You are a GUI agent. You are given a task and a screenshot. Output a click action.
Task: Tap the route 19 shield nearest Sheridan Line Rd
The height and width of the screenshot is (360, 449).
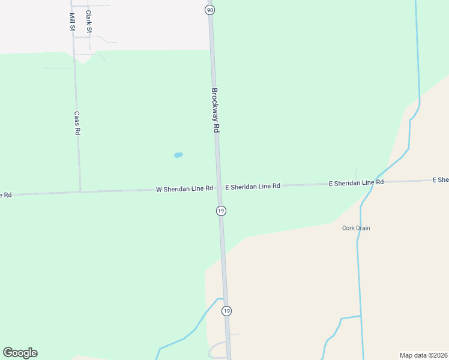[x=221, y=211]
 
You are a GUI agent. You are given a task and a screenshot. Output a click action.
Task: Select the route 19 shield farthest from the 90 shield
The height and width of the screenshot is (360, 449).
[x=226, y=311]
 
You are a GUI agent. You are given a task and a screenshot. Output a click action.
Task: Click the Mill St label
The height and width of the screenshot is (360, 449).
[x=72, y=22]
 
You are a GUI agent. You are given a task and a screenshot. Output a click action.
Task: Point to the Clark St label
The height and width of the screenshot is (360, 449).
[x=89, y=22]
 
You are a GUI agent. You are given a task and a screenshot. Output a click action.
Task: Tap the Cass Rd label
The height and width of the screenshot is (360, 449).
[x=77, y=122]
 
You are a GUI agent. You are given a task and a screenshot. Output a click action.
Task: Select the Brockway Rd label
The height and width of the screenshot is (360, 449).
[x=215, y=111]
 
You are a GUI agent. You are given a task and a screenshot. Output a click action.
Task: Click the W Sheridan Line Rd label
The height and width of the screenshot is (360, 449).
[x=184, y=188]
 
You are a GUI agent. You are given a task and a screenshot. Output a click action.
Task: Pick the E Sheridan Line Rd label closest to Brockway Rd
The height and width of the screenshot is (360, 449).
[x=253, y=187]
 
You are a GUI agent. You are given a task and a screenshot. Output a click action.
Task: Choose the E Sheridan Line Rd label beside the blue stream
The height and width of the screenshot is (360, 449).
[x=356, y=182]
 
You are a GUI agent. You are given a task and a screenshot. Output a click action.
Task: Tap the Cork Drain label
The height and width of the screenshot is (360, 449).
[x=356, y=228]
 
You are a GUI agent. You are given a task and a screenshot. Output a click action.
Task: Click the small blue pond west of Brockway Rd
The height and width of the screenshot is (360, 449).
[x=178, y=155]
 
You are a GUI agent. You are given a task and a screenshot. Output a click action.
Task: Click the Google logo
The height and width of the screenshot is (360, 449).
[x=20, y=353]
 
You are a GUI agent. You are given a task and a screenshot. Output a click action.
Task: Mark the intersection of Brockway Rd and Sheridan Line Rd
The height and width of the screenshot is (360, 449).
[x=219, y=188]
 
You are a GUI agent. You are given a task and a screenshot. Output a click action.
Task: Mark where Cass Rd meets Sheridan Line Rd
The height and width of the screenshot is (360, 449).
[x=80, y=192]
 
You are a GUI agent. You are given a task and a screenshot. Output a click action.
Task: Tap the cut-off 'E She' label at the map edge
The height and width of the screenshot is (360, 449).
[x=441, y=180]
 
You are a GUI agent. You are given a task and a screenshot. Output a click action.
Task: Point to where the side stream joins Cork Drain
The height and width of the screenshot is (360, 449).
[x=361, y=316]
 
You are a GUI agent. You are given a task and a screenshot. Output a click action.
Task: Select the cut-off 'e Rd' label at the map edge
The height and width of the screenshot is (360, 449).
[x=5, y=195]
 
